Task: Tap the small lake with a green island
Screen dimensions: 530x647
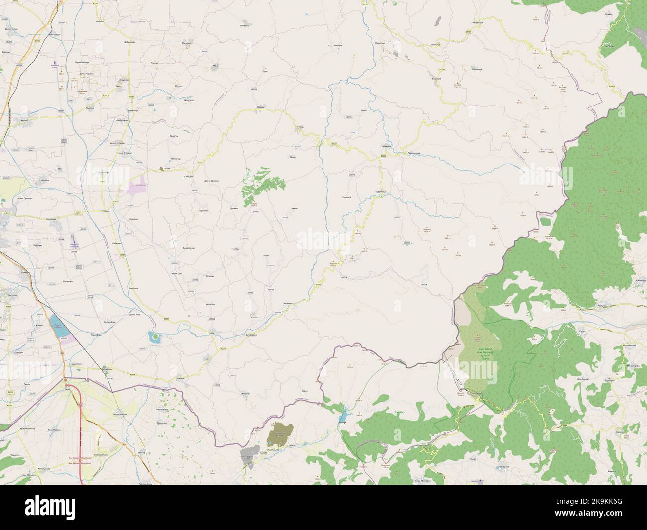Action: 154,338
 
